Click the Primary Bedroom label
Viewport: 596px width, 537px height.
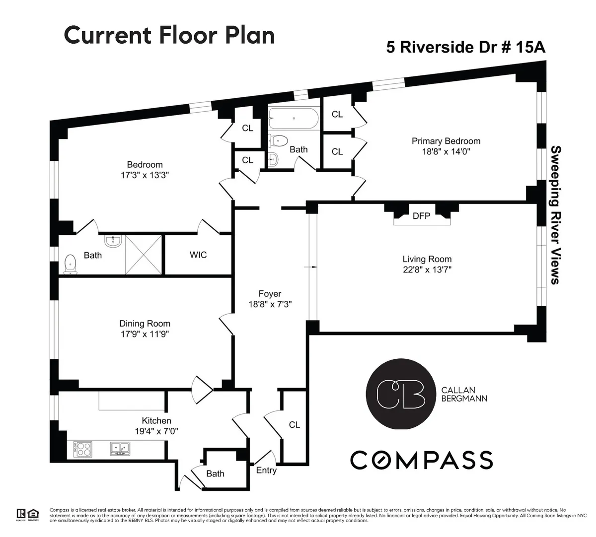446,141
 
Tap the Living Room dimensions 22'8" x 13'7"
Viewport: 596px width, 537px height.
427,270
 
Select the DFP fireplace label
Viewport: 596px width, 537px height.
421,216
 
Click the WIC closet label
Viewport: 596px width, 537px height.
198,255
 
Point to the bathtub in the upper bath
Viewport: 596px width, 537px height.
293,119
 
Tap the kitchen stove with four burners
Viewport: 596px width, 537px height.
83,449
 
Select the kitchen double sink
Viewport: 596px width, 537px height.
120,449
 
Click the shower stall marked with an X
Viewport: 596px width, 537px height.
143,255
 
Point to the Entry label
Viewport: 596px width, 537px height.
266,470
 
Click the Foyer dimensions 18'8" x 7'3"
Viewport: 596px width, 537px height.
270,304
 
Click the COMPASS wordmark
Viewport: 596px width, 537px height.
421,460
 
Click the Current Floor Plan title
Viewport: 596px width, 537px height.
169,35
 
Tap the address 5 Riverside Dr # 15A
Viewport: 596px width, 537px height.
466,47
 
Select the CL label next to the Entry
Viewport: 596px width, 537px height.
295,425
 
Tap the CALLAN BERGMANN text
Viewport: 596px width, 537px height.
464,394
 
